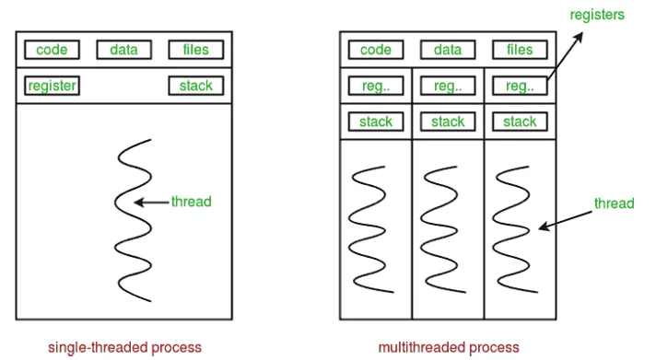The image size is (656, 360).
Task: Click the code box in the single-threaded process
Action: (x=52, y=51)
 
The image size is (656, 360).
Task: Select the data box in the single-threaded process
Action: (x=123, y=51)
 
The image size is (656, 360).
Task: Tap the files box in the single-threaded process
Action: (x=195, y=51)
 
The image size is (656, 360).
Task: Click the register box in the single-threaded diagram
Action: (x=52, y=86)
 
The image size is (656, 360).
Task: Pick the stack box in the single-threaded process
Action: (x=195, y=86)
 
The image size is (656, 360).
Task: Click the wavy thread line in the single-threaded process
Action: (x=130, y=221)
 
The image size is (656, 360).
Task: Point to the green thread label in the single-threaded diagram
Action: (x=192, y=201)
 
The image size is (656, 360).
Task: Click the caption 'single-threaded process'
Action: (x=125, y=347)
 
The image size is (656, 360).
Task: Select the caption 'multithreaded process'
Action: (x=448, y=347)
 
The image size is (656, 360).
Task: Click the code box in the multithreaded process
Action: (x=376, y=51)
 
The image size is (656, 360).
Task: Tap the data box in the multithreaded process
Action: (x=448, y=51)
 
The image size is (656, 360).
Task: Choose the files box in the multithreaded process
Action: (x=520, y=51)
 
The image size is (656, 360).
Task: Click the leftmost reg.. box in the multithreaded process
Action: (x=376, y=86)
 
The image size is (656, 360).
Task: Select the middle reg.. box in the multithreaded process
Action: (x=448, y=86)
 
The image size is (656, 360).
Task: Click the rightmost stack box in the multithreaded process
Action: (x=520, y=121)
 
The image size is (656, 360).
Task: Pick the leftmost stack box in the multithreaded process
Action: (x=376, y=121)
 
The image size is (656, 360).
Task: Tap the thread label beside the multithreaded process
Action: (x=614, y=203)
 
